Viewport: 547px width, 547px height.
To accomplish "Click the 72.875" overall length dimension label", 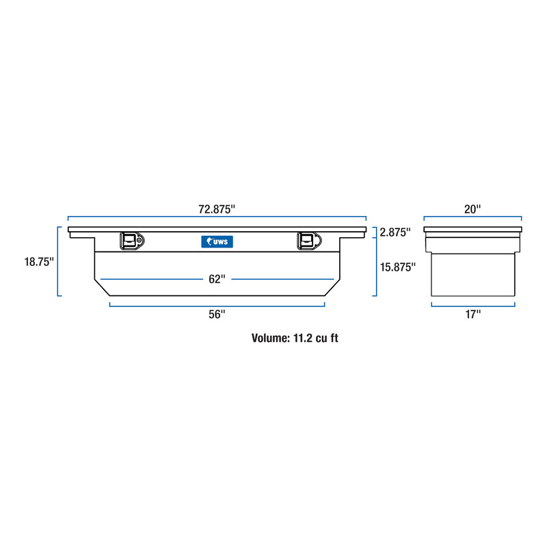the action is point(217,209).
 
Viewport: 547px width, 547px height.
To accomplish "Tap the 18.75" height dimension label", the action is point(39,262).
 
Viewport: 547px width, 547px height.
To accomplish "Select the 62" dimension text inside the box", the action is point(217,279).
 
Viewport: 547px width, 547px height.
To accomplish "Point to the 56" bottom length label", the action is point(217,315).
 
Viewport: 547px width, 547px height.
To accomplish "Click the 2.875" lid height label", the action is point(395,232).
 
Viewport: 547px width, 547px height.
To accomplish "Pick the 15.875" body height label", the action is point(398,267).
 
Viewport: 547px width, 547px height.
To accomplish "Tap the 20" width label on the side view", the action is point(472,209).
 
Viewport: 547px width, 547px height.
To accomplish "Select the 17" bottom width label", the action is point(472,315).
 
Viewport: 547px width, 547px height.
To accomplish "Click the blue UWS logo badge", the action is point(217,242).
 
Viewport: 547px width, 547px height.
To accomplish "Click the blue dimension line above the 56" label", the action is point(217,306).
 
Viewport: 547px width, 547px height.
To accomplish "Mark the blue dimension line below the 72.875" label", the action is point(217,217).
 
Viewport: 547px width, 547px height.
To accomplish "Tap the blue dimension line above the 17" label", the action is point(473,306).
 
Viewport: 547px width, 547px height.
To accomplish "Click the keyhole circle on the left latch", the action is point(139,241).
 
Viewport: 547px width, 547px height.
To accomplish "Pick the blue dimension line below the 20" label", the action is point(472,217).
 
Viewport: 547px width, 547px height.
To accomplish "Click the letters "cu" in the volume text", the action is point(321,338).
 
